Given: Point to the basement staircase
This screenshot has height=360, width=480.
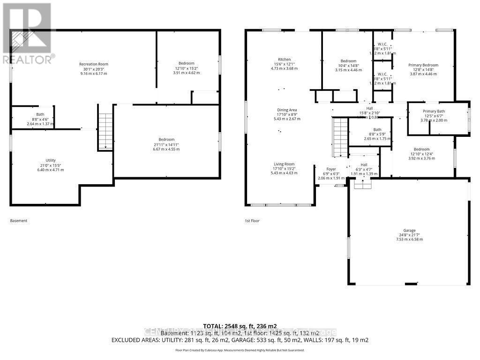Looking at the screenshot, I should point(105,131).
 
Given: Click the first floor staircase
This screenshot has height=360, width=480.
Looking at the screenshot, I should point(340,137).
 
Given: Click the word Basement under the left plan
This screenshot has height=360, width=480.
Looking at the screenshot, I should point(19,220).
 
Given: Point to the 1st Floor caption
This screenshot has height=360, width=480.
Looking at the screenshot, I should point(252,220).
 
